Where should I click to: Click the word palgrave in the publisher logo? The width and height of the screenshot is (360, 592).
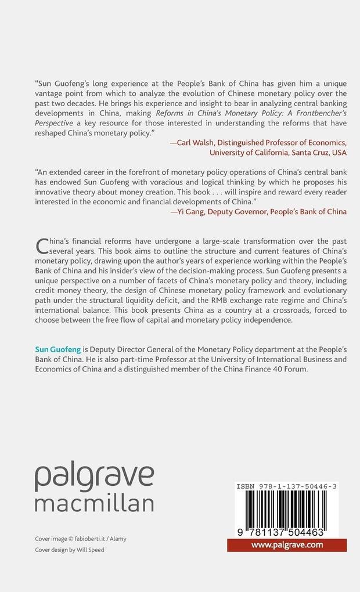point(94,478)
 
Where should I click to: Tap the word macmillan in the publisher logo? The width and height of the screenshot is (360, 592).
point(94,503)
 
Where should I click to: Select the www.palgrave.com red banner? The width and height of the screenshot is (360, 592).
point(286,545)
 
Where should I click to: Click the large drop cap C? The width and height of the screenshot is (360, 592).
point(42,246)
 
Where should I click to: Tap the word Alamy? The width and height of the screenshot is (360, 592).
point(117,539)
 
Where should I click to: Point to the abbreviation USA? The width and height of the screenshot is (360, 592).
point(339,153)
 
